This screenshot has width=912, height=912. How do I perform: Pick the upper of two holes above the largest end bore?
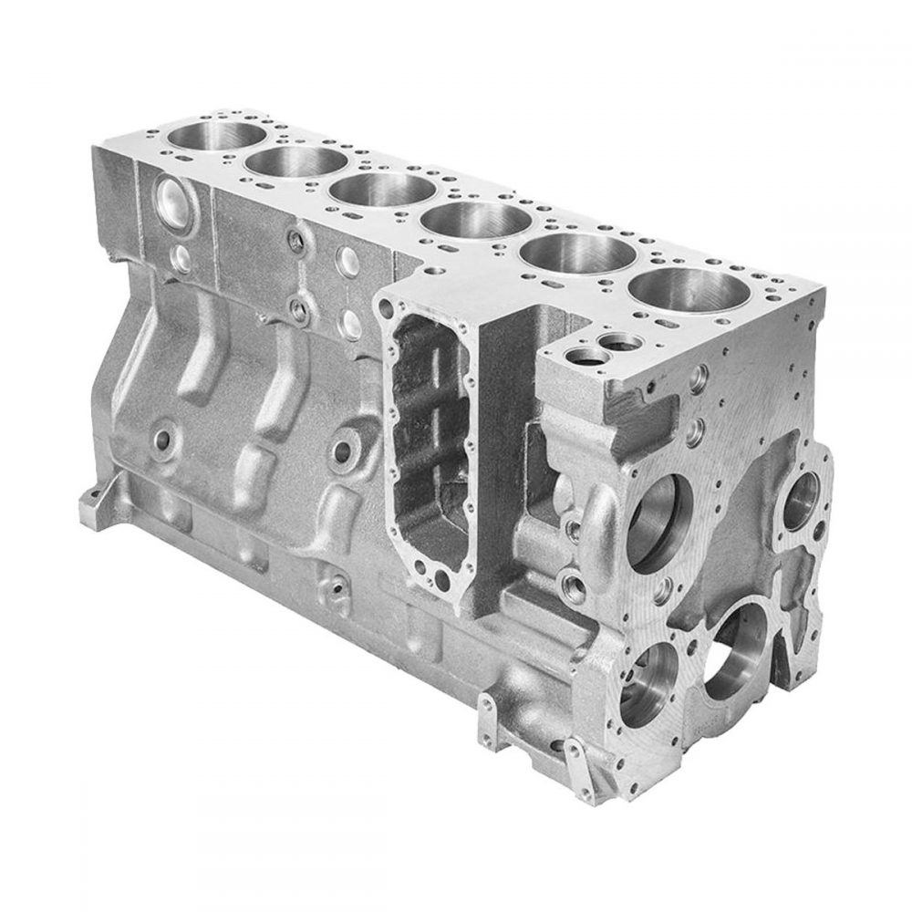coord(699,374)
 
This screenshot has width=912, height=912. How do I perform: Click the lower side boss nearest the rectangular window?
coord(347,450)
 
